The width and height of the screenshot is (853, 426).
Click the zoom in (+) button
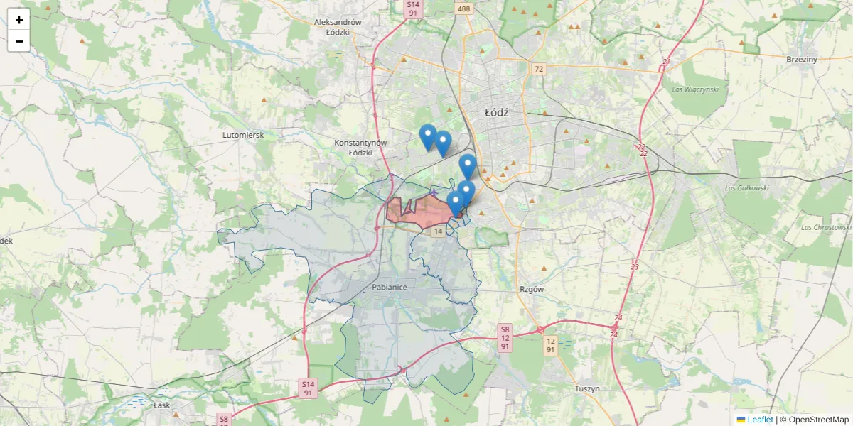(x=19, y=20)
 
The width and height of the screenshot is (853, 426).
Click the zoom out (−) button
(x=19, y=41)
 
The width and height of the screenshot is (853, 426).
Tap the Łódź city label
(x=497, y=112)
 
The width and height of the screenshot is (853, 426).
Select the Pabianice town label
(x=389, y=288)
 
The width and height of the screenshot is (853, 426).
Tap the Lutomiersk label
(x=243, y=134)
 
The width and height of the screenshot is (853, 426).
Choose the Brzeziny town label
(x=802, y=59)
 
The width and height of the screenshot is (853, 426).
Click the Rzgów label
(x=532, y=289)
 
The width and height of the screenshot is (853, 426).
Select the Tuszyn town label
(x=588, y=388)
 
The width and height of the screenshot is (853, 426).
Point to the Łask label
(x=163, y=405)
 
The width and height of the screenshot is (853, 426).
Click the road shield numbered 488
(x=464, y=9)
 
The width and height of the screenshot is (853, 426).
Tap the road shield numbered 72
(x=539, y=69)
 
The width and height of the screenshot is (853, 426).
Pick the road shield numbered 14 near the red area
(x=438, y=231)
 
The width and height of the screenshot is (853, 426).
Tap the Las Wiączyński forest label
(x=695, y=89)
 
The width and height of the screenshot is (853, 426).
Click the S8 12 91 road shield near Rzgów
(x=505, y=338)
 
